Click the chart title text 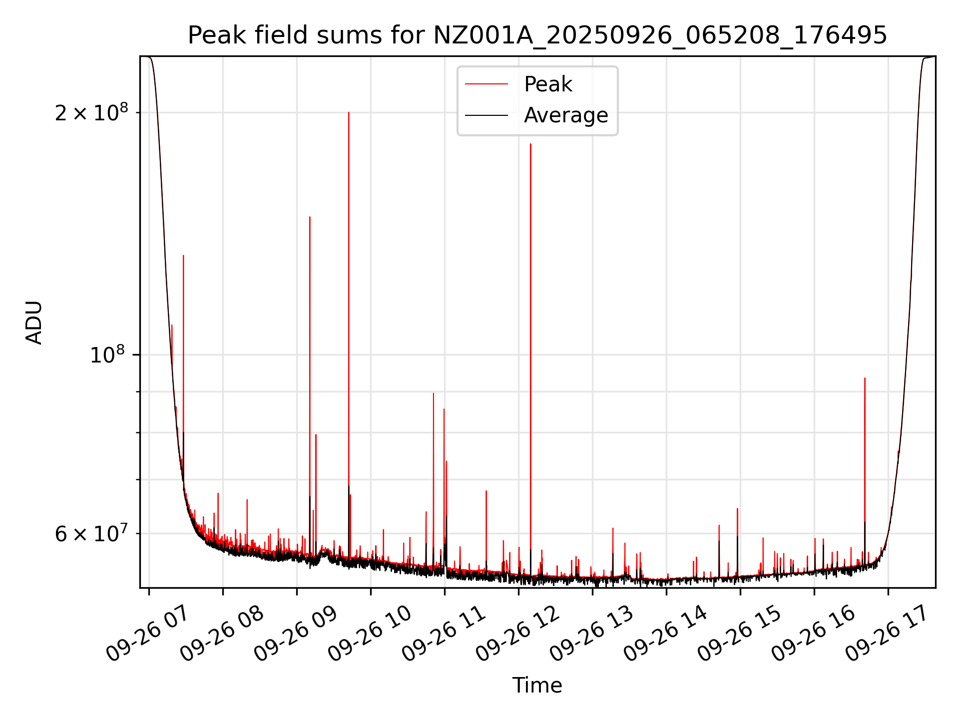[x=537, y=35]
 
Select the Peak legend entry [x=547, y=84]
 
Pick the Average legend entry [x=565, y=115]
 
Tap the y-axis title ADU [x=34, y=322]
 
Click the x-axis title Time [x=537, y=685]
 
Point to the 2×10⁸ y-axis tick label [x=91, y=113]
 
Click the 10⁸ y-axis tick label [x=107, y=355]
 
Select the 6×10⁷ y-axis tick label [x=91, y=534]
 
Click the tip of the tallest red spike [x=349, y=112]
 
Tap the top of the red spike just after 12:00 [x=530, y=144]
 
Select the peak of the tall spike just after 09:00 [x=310, y=217]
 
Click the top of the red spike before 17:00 [x=865, y=378]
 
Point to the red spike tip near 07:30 [x=183, y=256]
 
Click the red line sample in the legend [x=486, y=84]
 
